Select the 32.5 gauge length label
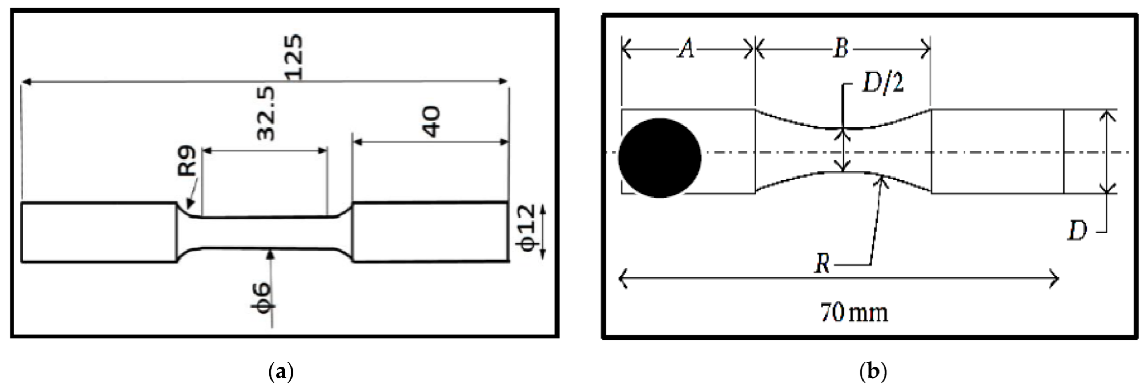(266, 114)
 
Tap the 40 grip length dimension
(431, 121)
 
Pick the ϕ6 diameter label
(262, 297)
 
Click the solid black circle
(660, 158)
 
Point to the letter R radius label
(823, 264)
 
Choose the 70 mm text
(854, 313)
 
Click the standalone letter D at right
(1077, 231)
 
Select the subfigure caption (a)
(282, 371)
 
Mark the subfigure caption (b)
(873, 371)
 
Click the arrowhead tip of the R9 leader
(189, 208)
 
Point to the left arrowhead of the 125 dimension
(23, 82)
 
